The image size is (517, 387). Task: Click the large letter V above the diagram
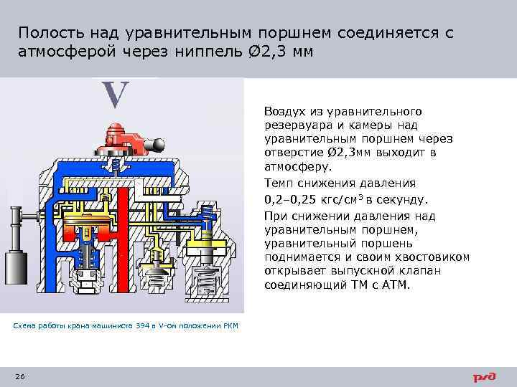tap(115, 95)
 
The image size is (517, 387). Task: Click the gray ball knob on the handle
tap(152, 145)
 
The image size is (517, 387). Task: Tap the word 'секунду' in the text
tap(404, 199)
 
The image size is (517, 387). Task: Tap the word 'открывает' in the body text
tap(294, 270)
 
